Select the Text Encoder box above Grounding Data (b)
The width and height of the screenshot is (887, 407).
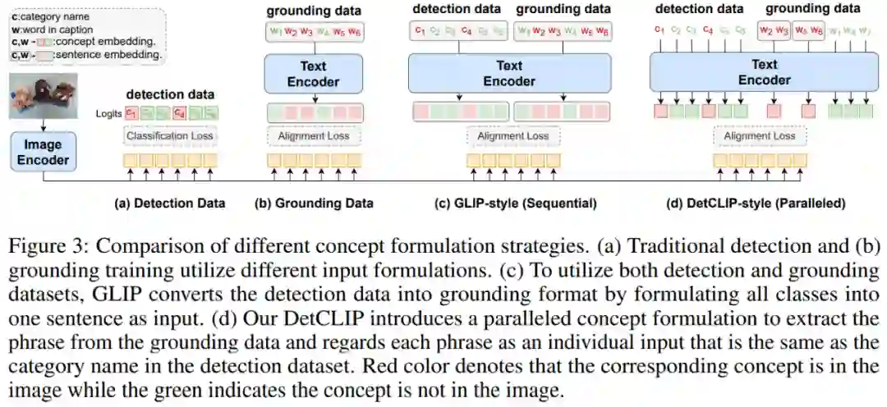click(312, 74)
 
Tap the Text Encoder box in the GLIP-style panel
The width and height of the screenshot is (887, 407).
click(509, 74)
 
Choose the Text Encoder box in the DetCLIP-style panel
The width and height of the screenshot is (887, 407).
click(764, 72)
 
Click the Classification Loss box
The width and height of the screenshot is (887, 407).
click(170, 135)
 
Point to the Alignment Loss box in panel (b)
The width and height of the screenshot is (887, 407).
click(312, 135)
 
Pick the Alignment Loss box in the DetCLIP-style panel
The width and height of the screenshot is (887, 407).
click(759, 135)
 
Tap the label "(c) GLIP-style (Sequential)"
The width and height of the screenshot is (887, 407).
click(516, 203)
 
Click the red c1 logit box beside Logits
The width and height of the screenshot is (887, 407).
click(131, 114)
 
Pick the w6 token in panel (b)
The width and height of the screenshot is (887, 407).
click(353, 33)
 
